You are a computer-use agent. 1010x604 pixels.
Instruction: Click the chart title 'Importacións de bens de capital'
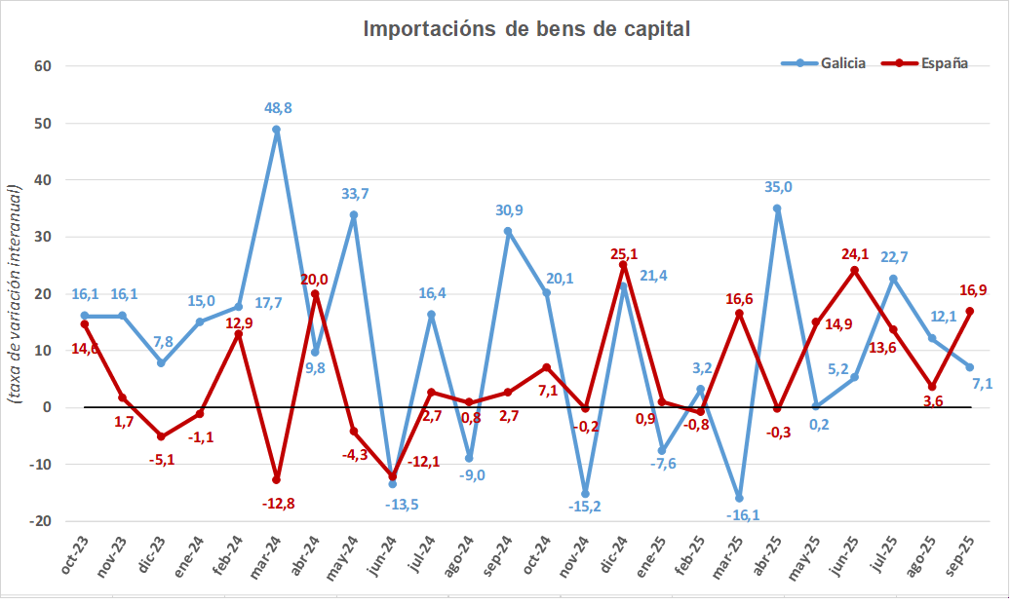tap(526, 29)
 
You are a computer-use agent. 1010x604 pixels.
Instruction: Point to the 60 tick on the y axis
tap(43, 66)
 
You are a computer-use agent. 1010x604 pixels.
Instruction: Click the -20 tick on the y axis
tap(40, 521)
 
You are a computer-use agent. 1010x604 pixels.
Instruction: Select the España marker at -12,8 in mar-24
tap(277, 479)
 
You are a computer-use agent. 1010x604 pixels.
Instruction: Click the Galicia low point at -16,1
tap(739, 498)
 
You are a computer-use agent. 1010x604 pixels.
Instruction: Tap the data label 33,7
tap(353, 196)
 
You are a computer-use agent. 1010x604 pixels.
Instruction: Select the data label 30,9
tap(508, 210)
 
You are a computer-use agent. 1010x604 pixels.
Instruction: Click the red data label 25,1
tap(623, 253)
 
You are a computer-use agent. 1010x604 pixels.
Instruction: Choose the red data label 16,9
tap(973, 289)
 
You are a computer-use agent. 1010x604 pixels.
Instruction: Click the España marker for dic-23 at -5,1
tap(161, 436)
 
